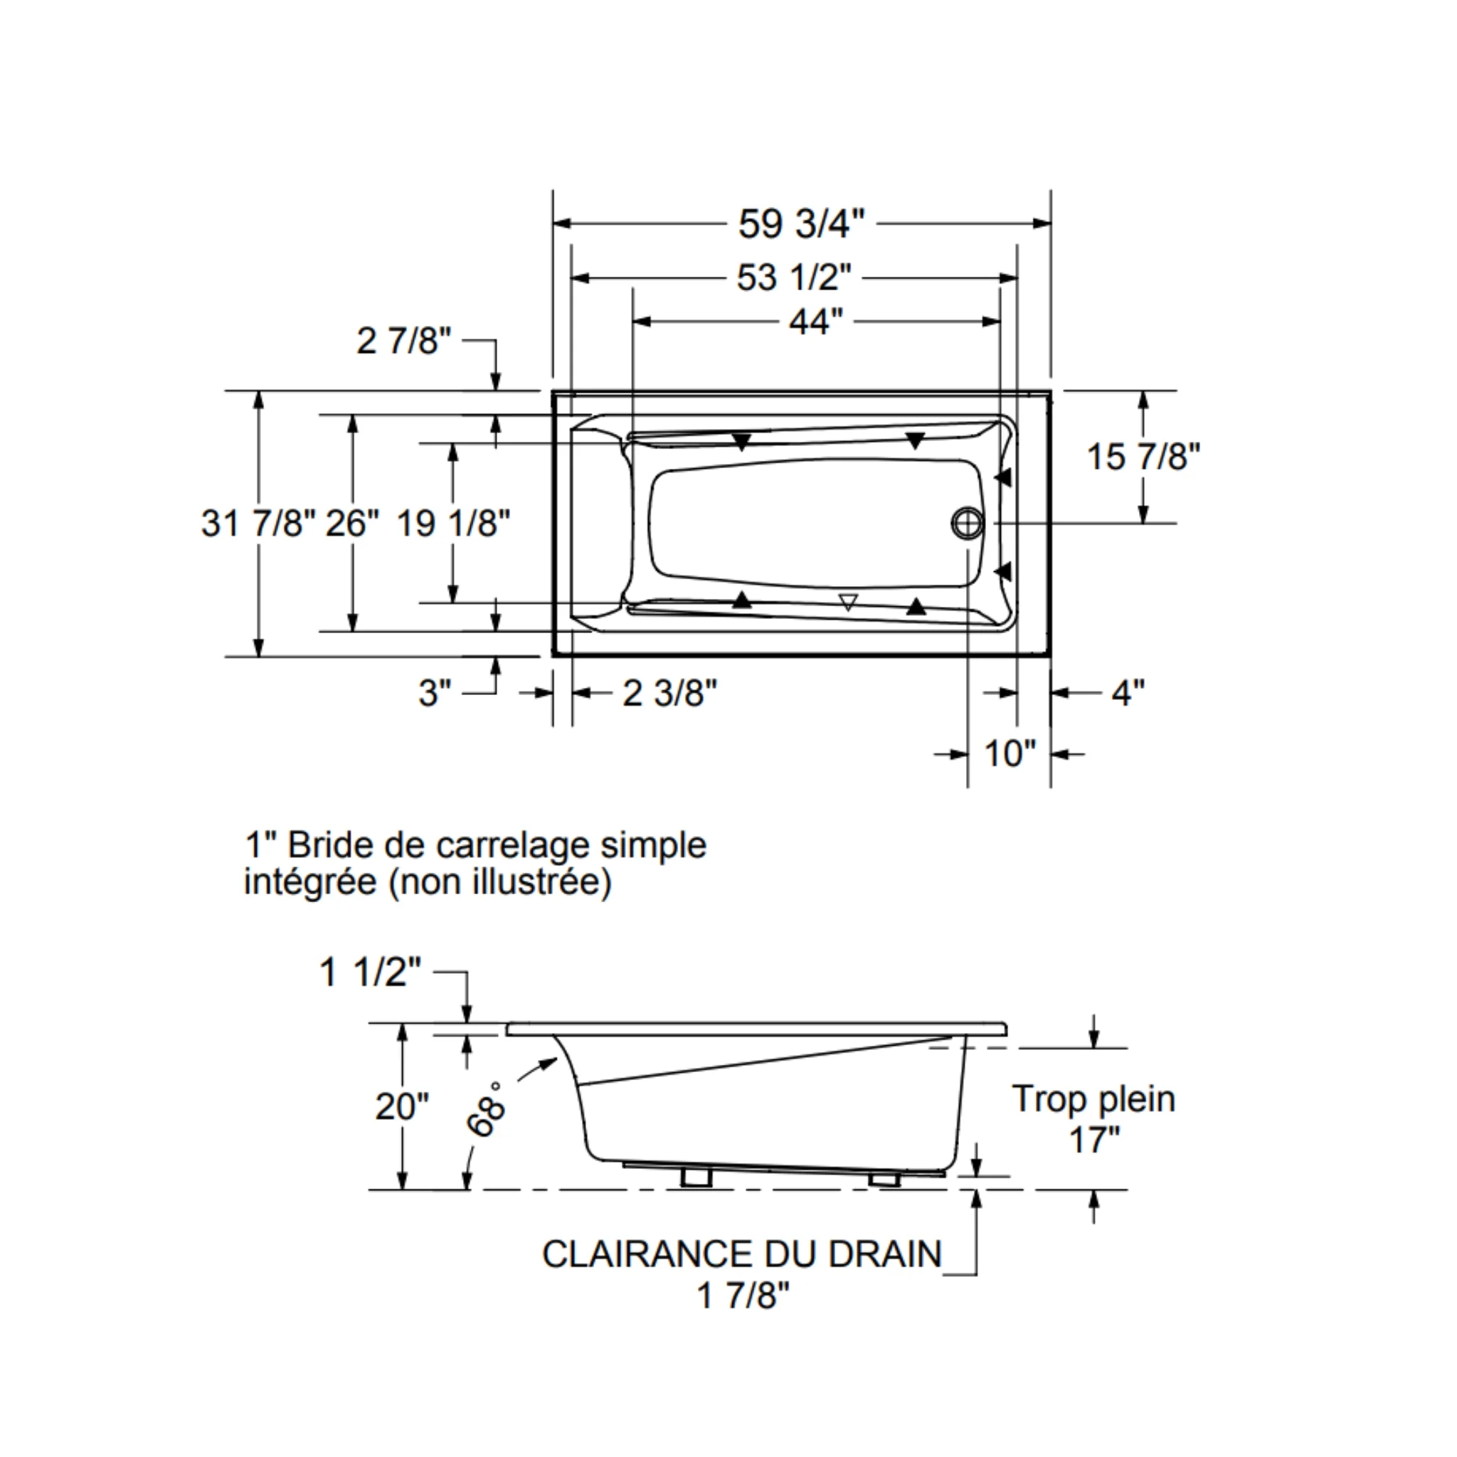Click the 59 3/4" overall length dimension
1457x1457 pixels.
tap(801, 223)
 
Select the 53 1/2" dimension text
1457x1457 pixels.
tap(794, 277)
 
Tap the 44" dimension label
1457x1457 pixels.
tap(816, 322)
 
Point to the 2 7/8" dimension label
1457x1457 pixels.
tap(403, 341)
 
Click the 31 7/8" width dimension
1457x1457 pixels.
tap(258, 523)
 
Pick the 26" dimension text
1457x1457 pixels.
tap(352, 523)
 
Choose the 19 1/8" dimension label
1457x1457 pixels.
tap(453, 523)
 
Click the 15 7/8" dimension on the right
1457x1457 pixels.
tap(1143, 456)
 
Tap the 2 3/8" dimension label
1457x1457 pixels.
tap(669, 692)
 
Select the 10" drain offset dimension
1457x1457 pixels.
tap(1010, 753)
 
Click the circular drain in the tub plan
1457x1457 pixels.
tap(968, 523)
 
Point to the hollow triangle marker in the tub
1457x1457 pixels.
tap(849, 602)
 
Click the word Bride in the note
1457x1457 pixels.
tap(329, 844)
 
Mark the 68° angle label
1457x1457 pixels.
tap(487, 1109)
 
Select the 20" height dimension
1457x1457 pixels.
tap(402, 1106)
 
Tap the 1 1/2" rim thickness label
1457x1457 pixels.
tap(370, 972)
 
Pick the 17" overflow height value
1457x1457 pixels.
tap(1094, 1139)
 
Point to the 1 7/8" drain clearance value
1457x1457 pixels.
tap(743, 1296)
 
